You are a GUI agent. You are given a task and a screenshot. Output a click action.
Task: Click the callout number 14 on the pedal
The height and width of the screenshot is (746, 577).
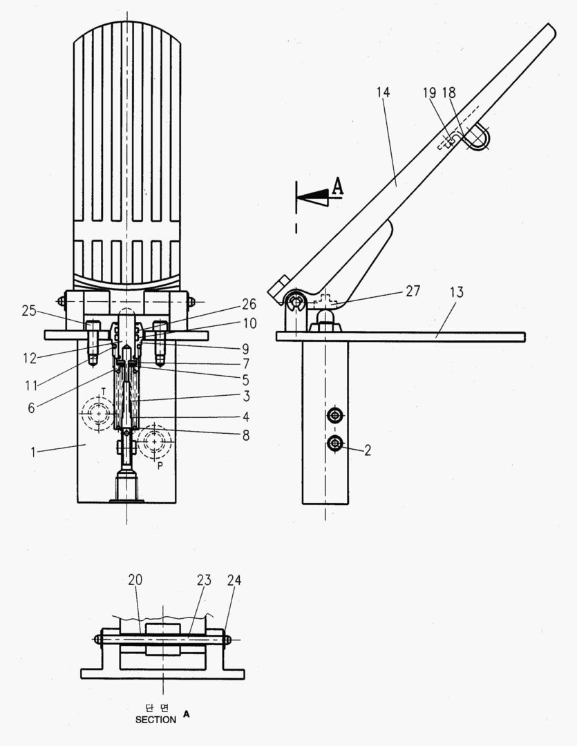384,92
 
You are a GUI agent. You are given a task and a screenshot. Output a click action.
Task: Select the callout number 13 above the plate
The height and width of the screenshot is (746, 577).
456,292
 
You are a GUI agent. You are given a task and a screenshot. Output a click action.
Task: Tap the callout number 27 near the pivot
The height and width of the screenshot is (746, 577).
413,291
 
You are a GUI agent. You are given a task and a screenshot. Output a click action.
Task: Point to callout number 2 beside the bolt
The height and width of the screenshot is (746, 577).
368,450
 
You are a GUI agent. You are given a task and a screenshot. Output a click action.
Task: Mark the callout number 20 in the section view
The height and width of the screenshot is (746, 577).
135,580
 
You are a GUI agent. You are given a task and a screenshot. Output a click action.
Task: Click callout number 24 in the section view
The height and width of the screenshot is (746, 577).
234,580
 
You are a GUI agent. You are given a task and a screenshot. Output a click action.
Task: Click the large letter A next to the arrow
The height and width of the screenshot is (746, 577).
338,185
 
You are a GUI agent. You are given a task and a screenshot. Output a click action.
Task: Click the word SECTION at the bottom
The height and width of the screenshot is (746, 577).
155,719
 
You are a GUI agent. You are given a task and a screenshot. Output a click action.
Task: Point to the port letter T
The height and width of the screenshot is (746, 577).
104,390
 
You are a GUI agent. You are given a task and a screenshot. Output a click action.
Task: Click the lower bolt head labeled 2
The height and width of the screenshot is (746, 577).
336,443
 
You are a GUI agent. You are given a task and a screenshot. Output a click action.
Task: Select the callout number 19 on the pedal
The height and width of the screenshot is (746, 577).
431,92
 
